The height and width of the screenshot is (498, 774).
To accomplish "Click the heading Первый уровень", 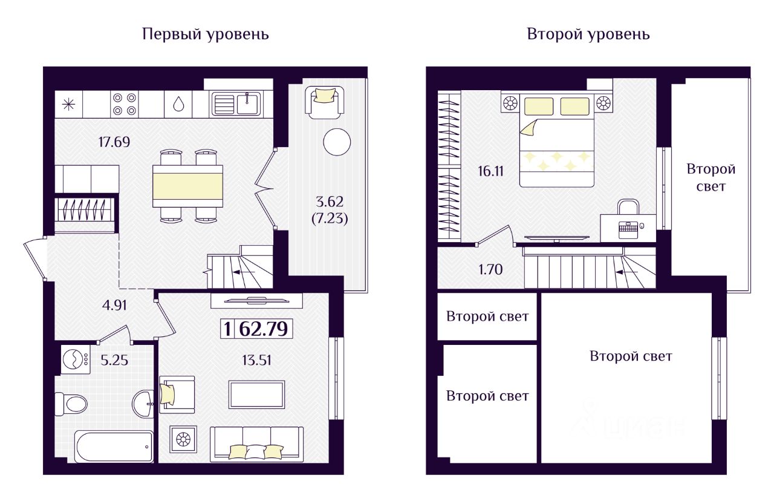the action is [205, 35].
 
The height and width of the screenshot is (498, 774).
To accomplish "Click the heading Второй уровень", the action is [588, 35].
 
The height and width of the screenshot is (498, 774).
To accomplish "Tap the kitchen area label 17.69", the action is [114, 142].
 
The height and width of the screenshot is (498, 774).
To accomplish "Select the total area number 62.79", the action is [263, 329].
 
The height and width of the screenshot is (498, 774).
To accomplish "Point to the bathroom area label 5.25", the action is [114, 361].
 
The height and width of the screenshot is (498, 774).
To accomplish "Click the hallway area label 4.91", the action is [114, 306].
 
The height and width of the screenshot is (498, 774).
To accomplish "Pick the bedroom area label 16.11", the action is [491, 171].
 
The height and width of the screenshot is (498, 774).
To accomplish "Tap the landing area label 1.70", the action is [490, 269].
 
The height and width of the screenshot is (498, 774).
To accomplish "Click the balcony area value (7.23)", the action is [330, 218].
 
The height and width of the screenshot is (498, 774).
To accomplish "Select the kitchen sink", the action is [236, 103].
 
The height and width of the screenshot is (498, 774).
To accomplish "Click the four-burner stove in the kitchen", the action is [125, 104].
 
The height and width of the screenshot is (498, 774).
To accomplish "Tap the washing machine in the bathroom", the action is [76, 359].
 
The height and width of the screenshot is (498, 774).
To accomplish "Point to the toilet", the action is [71, 404].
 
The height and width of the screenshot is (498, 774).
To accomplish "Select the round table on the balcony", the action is [337, 142].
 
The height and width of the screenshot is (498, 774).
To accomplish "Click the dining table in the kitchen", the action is [187, 186].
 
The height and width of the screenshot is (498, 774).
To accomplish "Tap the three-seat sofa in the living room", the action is [257, 444].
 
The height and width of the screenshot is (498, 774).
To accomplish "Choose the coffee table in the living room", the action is [257, 395].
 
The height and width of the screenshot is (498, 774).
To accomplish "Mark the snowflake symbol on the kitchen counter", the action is [69, 104].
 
